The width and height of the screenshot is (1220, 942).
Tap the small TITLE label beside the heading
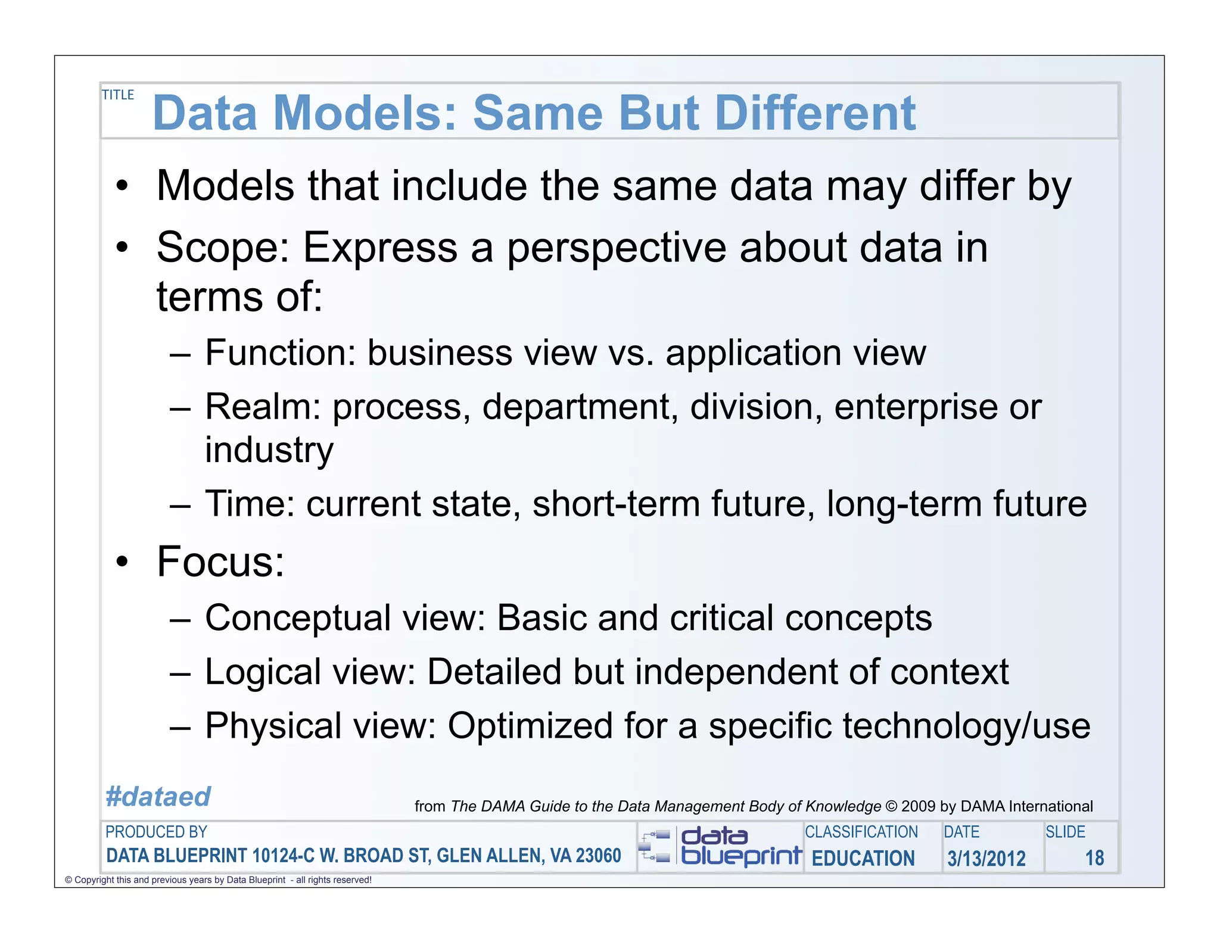[x=118, y=95]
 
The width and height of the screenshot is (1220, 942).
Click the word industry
[x=269, y=450]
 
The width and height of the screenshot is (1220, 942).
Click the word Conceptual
[x=298, y=618]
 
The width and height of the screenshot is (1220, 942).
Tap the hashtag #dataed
[x=158, y=797]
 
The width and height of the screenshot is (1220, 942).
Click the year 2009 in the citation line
[x=918, y=806]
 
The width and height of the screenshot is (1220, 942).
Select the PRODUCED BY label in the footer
[x=156, y=832]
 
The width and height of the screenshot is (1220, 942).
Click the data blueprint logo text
[x=740, y=847]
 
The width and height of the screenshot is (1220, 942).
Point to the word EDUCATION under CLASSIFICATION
[x=863, y=858]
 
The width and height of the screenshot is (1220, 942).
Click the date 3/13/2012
[x=986, y=858]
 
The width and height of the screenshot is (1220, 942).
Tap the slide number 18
[x=1094, y=858]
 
